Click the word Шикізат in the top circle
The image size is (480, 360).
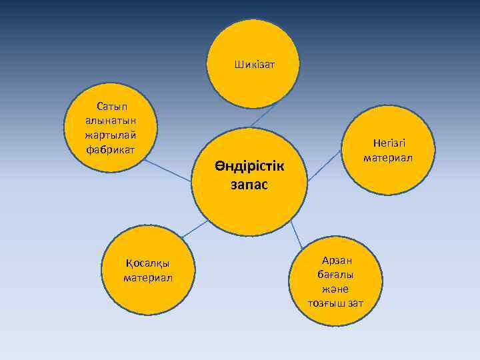255,65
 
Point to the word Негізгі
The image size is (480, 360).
389,144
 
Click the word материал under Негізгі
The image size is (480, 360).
388,158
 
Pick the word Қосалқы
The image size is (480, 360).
147,263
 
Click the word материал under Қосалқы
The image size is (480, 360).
147,277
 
